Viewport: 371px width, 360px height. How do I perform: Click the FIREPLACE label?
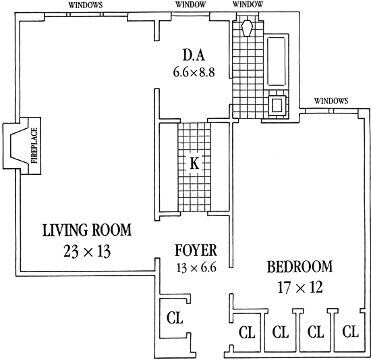click(34, 146)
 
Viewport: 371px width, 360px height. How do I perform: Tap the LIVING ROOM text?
click(87, 230)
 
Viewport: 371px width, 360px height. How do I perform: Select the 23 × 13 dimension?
click(87, 251)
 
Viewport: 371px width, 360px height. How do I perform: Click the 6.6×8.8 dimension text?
click(194, 72)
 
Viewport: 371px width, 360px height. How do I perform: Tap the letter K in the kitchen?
click(194, 163)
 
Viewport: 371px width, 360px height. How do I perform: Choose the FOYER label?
click(196, 250)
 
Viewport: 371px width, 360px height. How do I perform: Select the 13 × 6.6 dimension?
click(196, 267)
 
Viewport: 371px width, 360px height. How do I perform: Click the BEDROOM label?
click(299, 267)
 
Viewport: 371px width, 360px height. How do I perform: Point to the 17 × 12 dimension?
click(300, 287)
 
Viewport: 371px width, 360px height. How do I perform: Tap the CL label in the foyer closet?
click(175, 317)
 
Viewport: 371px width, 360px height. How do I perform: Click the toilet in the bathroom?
click(248, 28)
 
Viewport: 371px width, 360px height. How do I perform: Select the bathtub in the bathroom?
click(276, 61)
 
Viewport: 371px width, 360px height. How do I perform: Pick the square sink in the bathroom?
click(277, 105)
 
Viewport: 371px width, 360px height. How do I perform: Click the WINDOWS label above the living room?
click(86, 5)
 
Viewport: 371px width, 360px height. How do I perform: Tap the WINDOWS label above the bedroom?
click(331, 101)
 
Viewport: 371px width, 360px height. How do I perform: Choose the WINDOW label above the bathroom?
click(248, 4)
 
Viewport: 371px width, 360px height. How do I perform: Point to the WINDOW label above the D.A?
click(190, 5)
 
